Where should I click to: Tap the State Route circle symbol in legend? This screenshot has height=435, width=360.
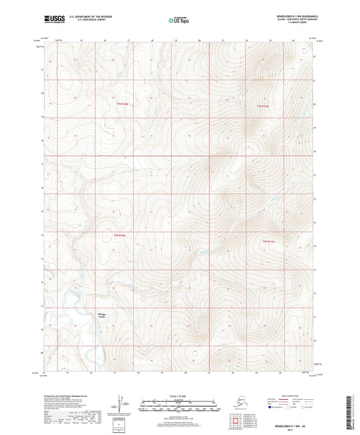coord(302,407)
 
